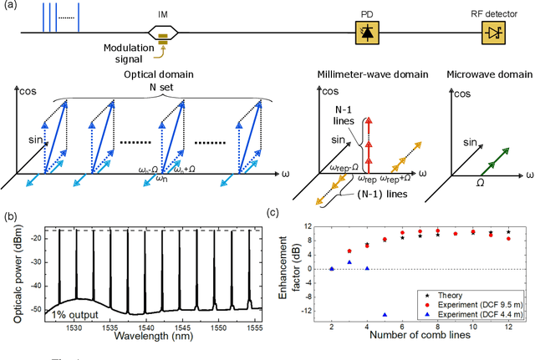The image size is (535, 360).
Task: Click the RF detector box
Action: coord(492,33)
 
